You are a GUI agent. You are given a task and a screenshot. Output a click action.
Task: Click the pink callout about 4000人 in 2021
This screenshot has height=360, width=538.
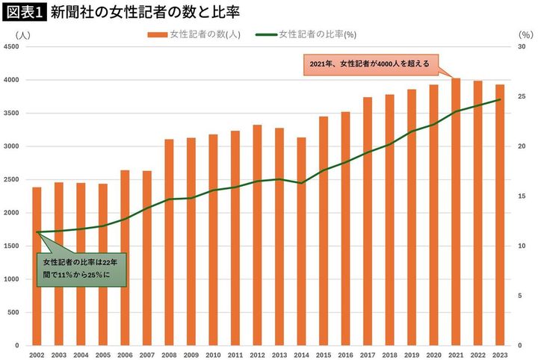click(x=369, y=65)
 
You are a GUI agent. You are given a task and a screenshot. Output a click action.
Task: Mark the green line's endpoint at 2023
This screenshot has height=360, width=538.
click(x=499, y=100)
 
